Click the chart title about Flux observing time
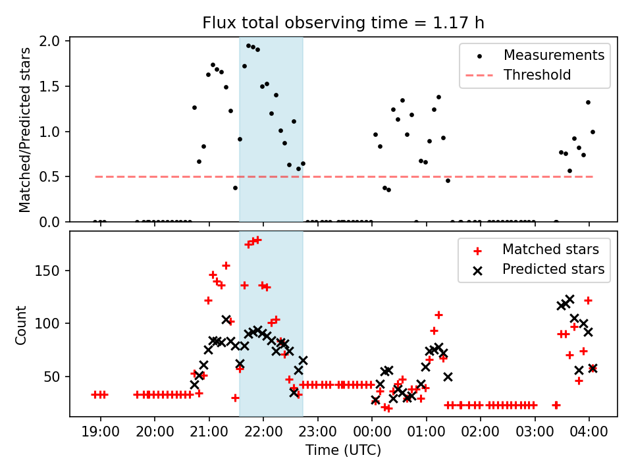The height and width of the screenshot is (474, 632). coord(343,24)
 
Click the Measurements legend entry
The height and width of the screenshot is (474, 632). coord(554,55)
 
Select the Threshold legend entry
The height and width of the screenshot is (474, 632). coord(537,75)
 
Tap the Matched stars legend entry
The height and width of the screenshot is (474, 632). coord(550,250)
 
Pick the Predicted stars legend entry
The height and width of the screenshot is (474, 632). coord(553,269)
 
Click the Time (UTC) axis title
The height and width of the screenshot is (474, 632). coord(343,451)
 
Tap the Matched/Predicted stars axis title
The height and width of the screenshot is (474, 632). coord(25,130)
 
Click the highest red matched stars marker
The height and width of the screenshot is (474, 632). coord(257,240)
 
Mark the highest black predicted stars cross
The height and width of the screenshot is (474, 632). coord(569,300)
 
